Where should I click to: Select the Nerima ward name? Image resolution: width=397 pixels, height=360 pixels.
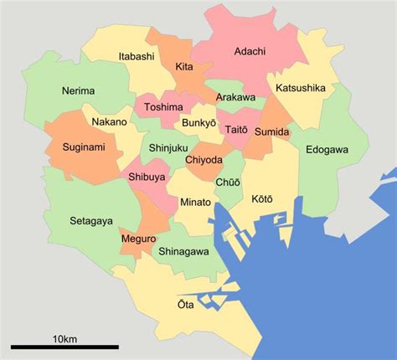coord(78,90)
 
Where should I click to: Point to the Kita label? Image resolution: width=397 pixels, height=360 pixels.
coord(185,66)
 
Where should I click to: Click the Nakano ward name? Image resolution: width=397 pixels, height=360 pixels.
coord(109,122)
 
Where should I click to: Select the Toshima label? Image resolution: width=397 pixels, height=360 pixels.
coord(162,107)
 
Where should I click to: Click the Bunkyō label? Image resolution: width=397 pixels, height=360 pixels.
coord(199,123)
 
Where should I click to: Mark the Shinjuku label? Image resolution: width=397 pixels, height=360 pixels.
coord(168,148)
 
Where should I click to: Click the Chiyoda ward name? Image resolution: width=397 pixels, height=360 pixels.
coord(205,159)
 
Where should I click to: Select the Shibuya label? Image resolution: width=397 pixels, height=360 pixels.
coord(146,177)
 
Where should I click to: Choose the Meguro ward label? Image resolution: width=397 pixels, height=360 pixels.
coord(138,239)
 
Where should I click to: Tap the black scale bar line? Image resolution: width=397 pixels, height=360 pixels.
coord(64,347)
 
